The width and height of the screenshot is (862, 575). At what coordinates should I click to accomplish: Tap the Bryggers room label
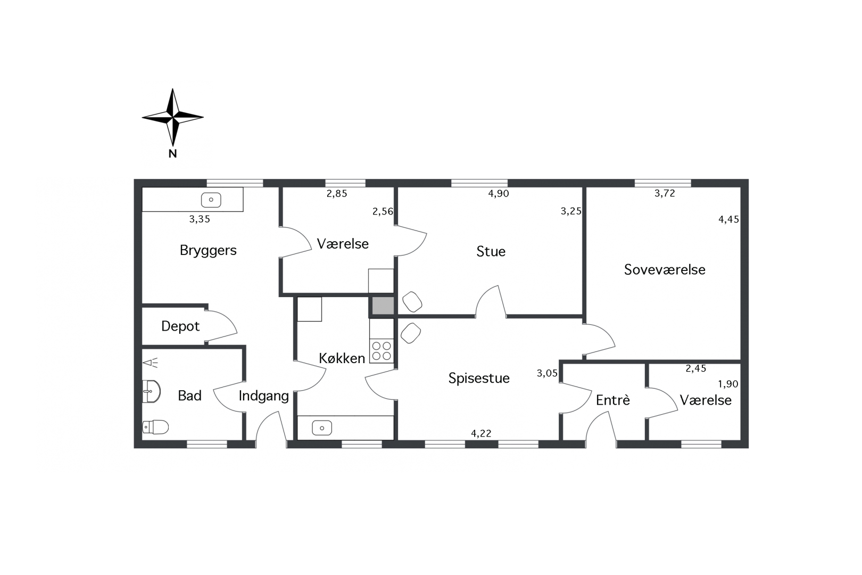click(208, 250)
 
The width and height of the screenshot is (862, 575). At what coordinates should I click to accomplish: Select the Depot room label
click(180, 326)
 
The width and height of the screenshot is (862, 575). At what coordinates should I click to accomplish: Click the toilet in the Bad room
click(156, 427)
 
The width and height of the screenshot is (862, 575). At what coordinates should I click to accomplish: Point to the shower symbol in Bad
click(151, 363)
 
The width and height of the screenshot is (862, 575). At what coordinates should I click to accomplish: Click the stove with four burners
click(382, 351)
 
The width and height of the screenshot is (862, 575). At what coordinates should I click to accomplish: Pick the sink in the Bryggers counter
click(211, 200)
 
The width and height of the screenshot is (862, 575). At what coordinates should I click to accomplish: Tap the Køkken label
click(342, 358)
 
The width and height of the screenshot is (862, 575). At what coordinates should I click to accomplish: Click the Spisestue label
click(479, 378)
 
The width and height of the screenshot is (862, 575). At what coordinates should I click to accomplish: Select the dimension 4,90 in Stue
click(499, 194)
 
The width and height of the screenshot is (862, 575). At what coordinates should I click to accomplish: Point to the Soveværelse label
click(665, 269)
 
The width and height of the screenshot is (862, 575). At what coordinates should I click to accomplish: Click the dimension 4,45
click(728, 219)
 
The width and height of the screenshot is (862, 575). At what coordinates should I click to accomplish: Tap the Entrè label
click(613, 400)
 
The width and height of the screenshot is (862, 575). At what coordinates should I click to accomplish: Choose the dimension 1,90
click(728, 384)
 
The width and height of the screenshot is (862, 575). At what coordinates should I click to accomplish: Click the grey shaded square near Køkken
click(383, 306)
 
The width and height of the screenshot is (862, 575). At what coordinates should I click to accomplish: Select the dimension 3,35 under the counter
click(200, 219)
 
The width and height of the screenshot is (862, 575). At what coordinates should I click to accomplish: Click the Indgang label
click(263, 396)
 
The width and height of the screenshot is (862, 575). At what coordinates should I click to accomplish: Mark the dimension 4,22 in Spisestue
click(481, 433)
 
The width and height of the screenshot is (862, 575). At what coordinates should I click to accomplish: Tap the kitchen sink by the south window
click(322, 428)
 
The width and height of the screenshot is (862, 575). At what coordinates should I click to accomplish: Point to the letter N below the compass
click(172, 154)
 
